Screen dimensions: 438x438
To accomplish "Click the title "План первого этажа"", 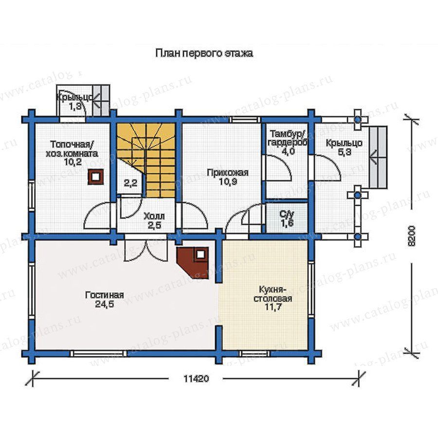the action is [x=204, y=53].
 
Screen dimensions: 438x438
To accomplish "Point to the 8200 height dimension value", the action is [x=412, y=236].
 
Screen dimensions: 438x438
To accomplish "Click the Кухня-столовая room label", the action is [x=273, y=298].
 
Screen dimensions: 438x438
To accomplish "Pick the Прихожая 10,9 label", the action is [x=228, y=177].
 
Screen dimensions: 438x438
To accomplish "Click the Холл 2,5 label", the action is [x=154, y=220].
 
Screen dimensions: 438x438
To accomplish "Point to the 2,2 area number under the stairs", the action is [x=130, y=183].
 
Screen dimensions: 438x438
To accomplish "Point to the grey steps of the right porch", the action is [x=378, y=157].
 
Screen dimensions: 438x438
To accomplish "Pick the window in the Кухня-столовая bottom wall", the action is [x=254, y=354].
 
